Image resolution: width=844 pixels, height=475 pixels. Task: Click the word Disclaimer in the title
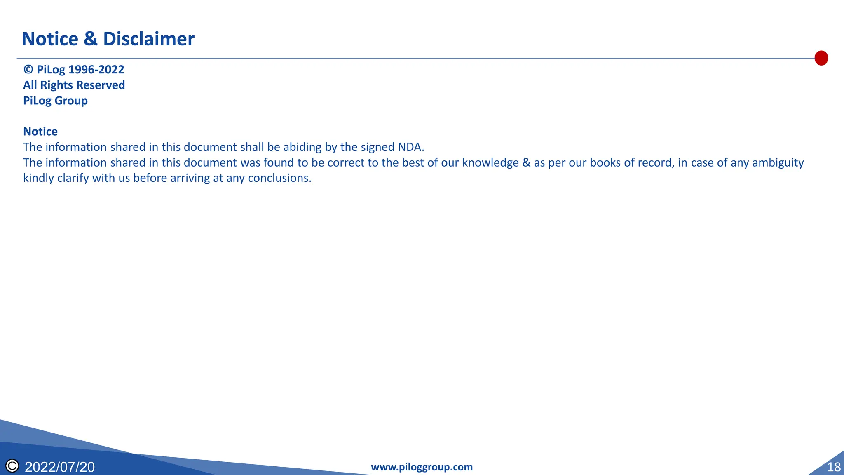[x=148, y=39]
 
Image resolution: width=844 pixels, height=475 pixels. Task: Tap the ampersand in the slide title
[x=91, y=39]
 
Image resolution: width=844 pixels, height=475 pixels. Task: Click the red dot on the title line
[x=821, y=58]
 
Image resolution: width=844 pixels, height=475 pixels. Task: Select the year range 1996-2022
[x=96, y=70]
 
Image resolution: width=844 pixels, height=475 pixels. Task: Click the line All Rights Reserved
[x=74, y=85]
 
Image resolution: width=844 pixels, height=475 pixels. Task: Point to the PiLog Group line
[x=55, y=101]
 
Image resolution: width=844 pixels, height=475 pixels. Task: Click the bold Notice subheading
[x=40, y=132]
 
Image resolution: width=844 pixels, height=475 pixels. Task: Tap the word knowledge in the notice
[x=490, y=163]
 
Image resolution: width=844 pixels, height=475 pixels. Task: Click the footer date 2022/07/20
[x=60, y=467]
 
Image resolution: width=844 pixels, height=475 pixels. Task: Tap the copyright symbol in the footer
[x=12, y=466]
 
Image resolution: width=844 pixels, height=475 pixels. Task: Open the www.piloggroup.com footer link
[x=422, y=467]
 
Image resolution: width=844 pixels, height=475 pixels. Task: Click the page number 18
[x=834, y=467]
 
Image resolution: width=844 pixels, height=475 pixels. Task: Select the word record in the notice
[x=655, y=163]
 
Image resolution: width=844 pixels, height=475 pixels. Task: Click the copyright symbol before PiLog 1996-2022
[x=28, y=70]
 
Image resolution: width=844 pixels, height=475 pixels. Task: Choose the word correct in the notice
[x=346, y=163]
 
